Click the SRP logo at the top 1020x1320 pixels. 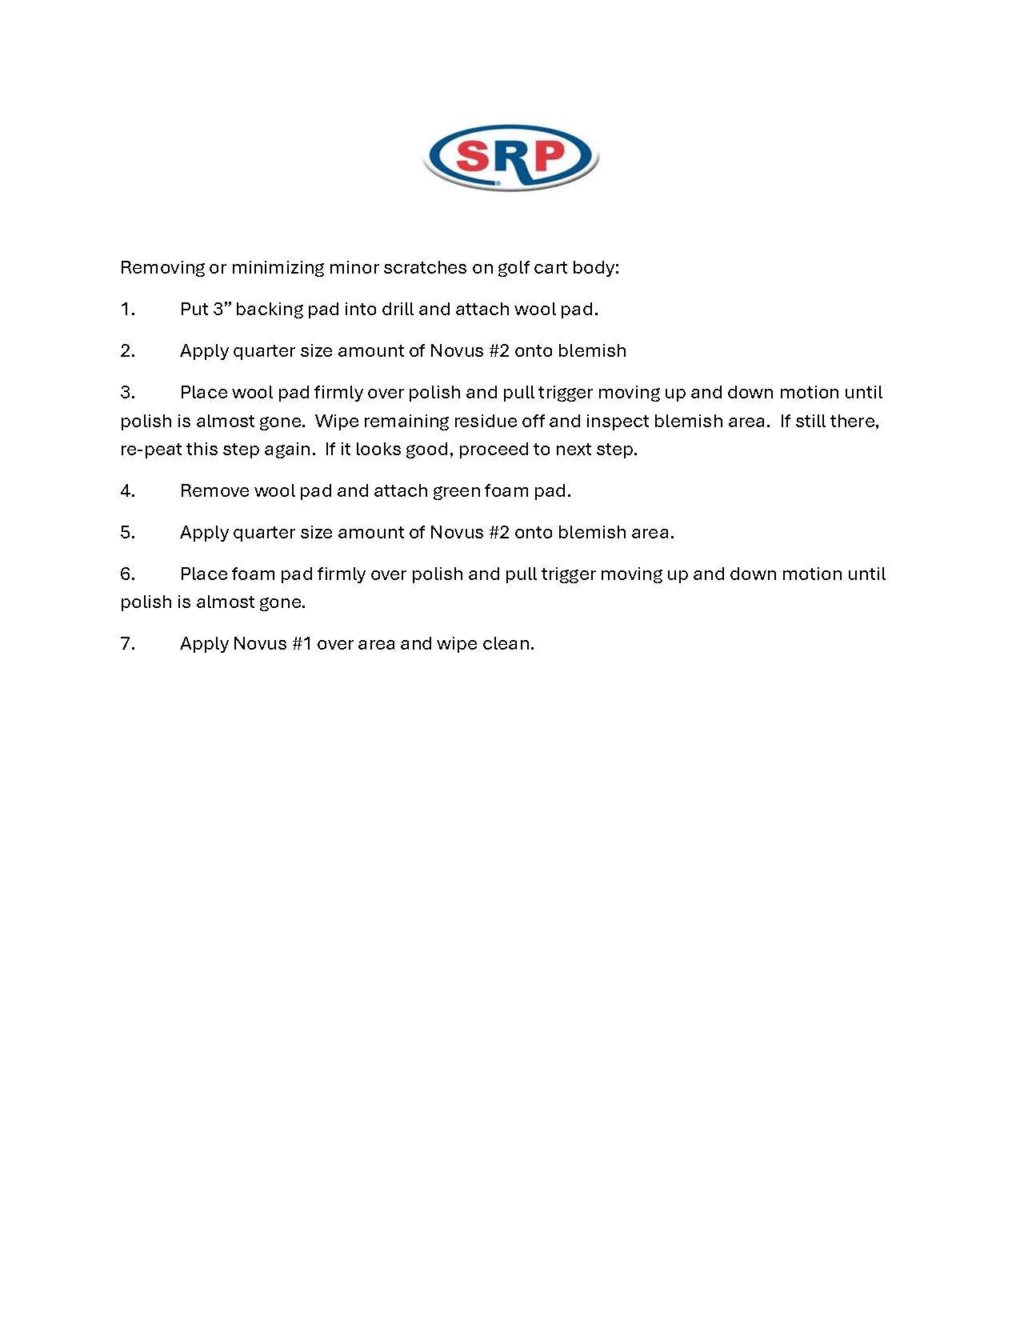point(510,157)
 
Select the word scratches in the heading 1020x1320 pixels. point(425,268)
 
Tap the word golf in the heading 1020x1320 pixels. point(513,268)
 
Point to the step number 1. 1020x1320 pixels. point(127,310)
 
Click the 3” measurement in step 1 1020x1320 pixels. point(222,310)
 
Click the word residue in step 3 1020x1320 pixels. point(485,422)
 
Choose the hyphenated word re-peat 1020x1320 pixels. point(151,450)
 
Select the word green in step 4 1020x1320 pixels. point(456,491)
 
